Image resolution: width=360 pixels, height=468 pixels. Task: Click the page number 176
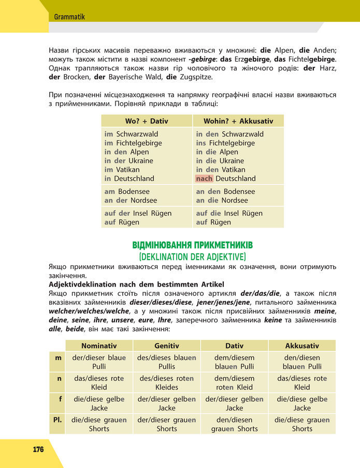click(38, 449)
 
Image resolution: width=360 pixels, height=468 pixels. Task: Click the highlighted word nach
click(205, 178)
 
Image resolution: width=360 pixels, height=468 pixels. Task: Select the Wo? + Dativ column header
click(147, 121)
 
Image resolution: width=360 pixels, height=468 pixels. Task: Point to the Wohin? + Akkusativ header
click(238, 121)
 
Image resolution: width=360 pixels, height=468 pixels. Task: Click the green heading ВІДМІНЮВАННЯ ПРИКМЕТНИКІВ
click(192, 245)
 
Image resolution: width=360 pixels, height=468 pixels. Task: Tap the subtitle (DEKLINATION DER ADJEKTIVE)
click(192, 256)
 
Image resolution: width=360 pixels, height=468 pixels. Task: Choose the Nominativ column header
click(99, 346)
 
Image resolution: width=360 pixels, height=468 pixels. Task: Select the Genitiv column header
click(167, 346)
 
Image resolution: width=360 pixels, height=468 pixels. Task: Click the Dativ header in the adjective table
click(234, 346)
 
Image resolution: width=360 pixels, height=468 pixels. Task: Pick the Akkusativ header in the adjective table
click(302, 346)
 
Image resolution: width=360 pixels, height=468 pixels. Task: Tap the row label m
click(58, 358)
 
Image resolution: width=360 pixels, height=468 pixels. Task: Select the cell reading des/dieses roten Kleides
click(167, 382)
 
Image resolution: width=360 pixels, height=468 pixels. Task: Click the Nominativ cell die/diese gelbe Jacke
click(99, 403)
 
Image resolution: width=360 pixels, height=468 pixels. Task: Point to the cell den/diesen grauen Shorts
click(234, 424)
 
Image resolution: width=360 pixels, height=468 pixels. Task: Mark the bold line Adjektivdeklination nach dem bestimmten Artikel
click(136, 285)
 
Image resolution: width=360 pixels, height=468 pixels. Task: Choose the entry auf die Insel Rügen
click(228, 213)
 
